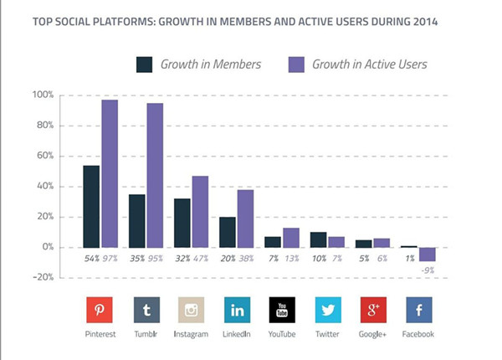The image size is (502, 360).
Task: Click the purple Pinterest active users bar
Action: [110, 173]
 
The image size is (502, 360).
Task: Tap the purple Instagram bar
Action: [200, 211]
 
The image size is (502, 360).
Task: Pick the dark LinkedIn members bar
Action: [226, 232]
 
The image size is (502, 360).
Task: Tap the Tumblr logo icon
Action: [146, 311]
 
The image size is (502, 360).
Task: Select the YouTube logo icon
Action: [283, 311]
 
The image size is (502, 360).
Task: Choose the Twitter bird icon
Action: [328, 311]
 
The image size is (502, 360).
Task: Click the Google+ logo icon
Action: [373, 311]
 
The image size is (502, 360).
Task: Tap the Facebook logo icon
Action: [419, 311]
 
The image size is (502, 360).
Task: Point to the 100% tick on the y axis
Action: [43, 95]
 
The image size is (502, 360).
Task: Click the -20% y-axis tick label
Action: [42, 277]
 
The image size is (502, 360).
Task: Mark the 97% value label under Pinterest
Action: [110, 260]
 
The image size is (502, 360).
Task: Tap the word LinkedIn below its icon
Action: [238, 335]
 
